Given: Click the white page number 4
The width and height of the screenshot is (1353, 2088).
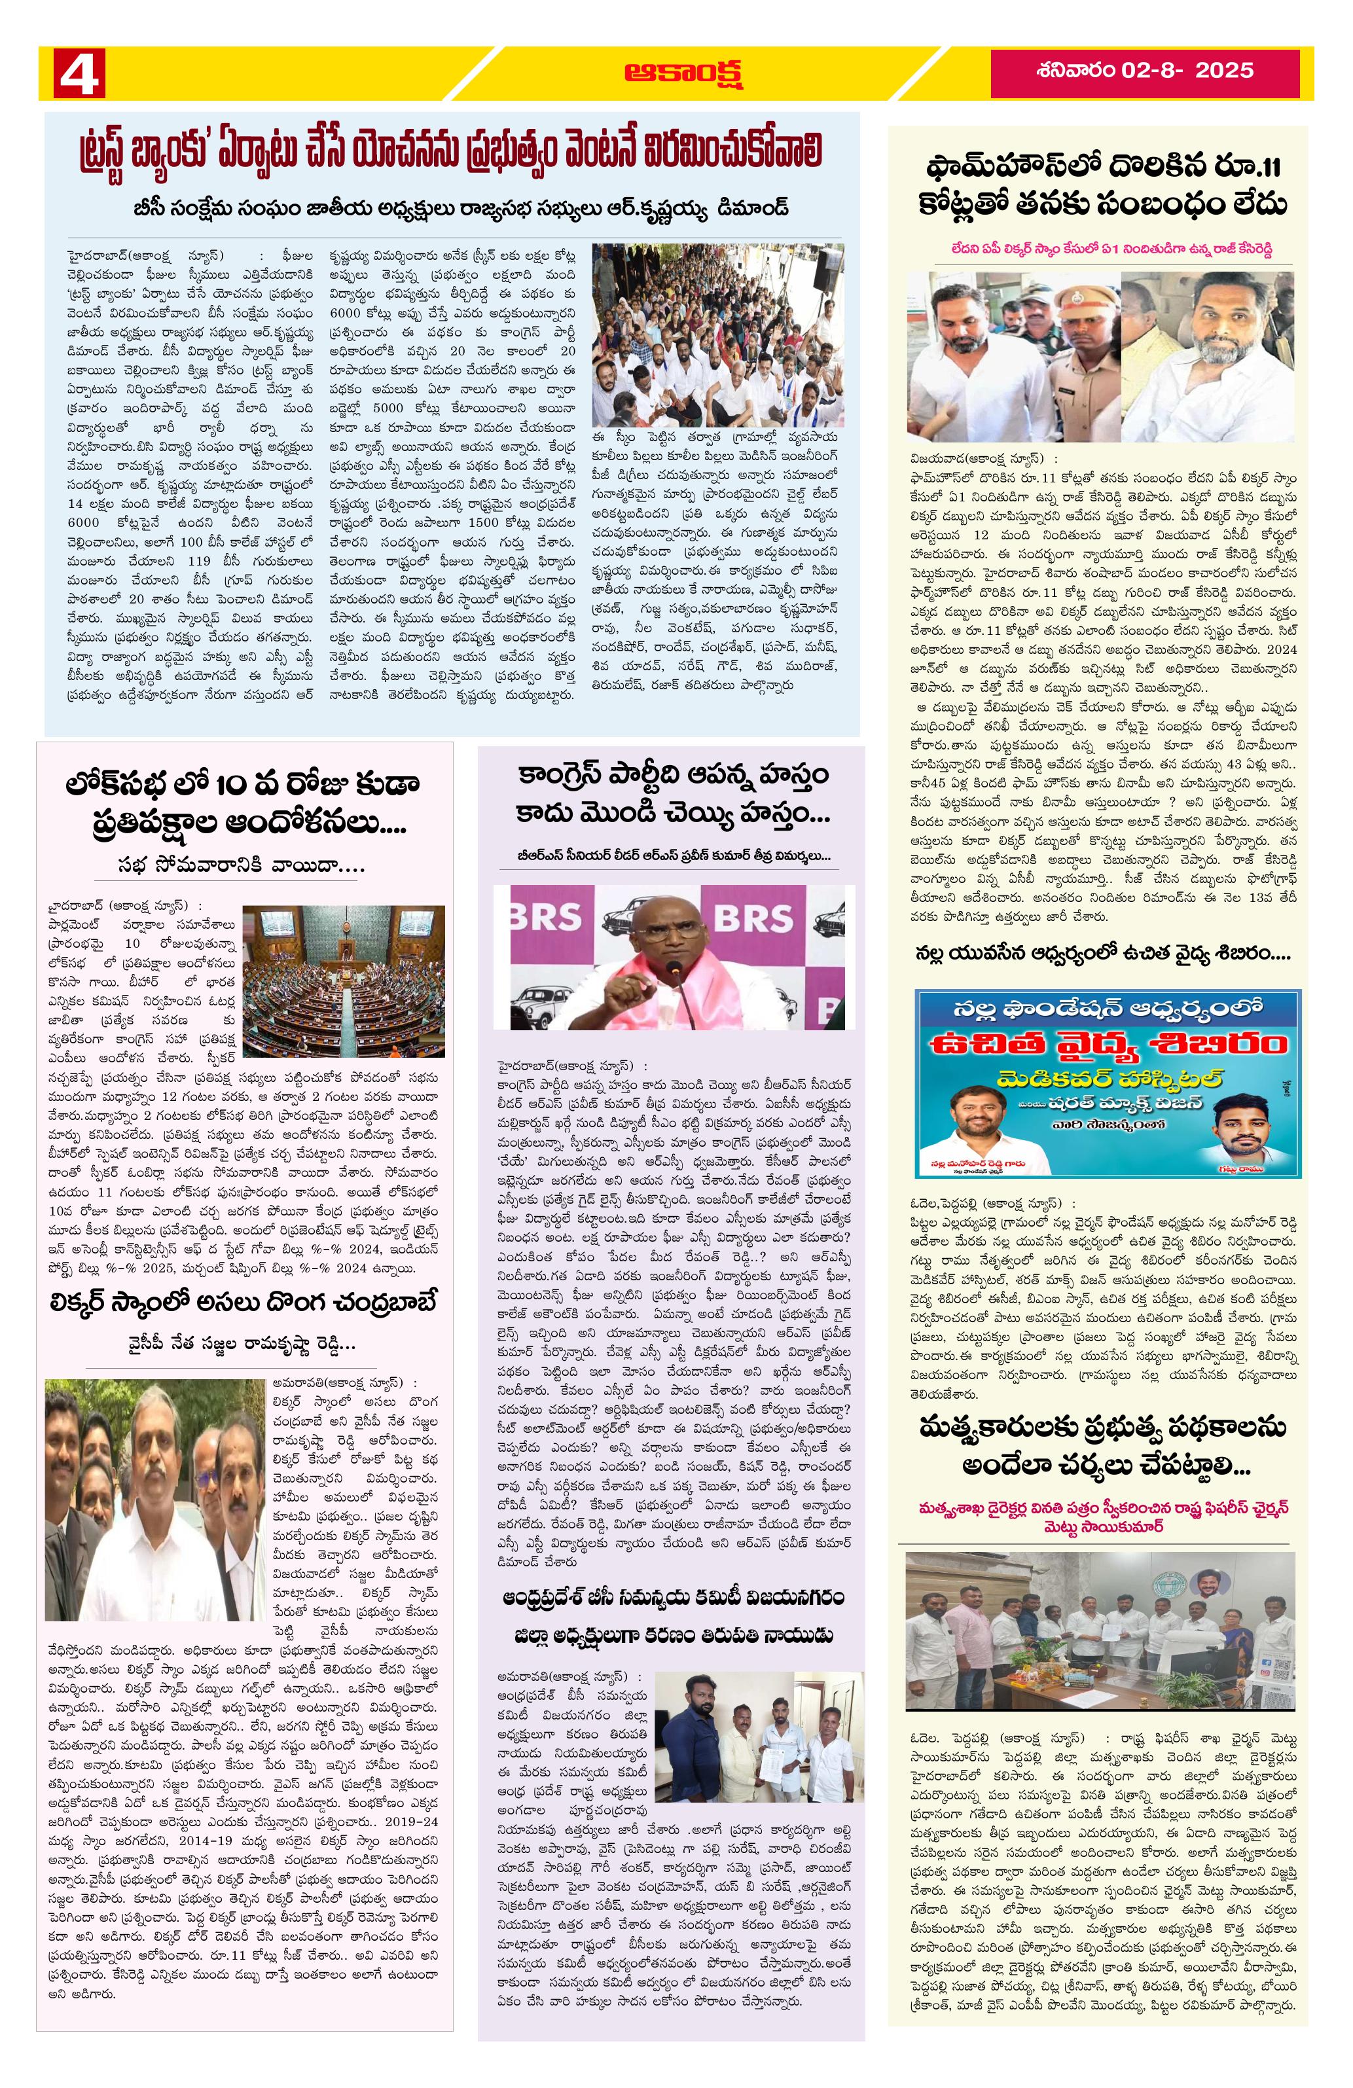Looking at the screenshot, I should (79, 72).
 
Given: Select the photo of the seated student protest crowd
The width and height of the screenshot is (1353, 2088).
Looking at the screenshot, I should (715, 335).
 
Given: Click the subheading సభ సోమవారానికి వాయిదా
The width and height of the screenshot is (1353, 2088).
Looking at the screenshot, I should (242, 867).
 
